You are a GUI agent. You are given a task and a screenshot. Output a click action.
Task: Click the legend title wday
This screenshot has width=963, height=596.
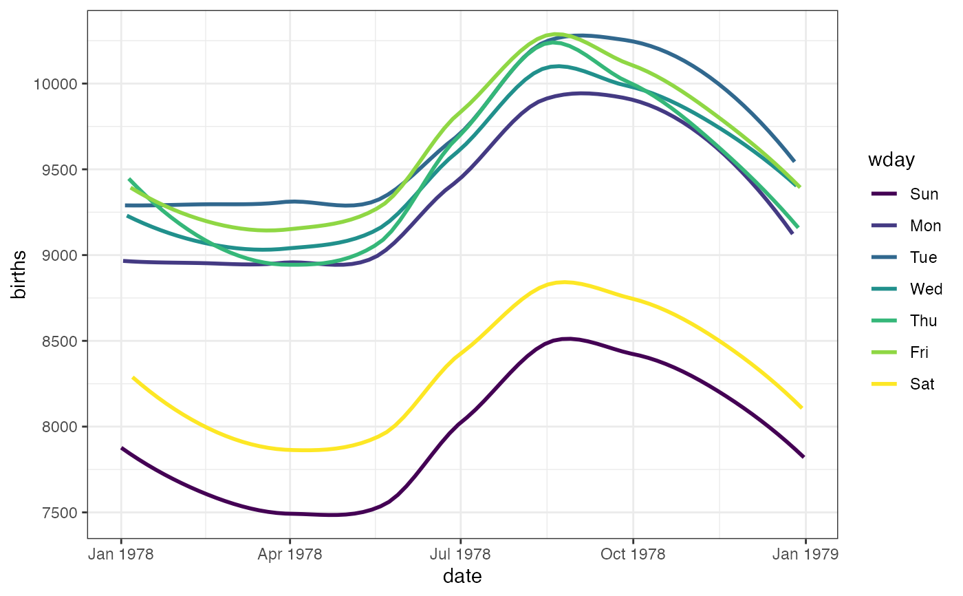[x=890, y=160]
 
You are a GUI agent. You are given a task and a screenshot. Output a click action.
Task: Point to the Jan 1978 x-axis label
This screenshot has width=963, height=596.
[x=122, y=555]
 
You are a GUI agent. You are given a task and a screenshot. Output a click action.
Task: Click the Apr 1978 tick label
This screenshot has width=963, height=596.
[x=290, y=555]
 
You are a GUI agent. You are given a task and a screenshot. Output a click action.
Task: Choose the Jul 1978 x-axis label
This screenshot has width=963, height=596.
[x=460, y=555]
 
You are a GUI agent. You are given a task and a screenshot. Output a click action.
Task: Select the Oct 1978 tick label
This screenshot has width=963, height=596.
[x=633, y=555]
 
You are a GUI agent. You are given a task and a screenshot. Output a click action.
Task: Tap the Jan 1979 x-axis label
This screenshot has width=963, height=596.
[x=805, y=555]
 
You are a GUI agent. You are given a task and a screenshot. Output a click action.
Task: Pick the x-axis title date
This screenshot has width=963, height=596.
[x=462, y=577]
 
